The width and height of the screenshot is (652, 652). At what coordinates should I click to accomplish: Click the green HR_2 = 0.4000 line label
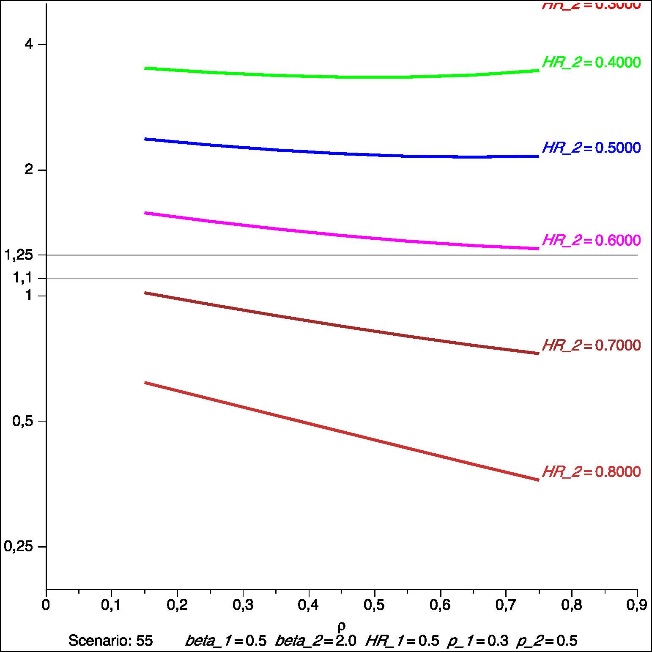coord(591,63)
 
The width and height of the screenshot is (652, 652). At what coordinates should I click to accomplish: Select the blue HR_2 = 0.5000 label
coord(591,148)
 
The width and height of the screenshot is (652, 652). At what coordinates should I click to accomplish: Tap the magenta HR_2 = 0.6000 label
coord(591,241)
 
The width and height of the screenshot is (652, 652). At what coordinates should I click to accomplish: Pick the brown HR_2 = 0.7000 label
coord(591,345)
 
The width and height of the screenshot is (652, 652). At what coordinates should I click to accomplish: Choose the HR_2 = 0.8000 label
coord(591,472)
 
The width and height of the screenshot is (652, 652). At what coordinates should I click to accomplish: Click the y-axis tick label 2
coord(29,170)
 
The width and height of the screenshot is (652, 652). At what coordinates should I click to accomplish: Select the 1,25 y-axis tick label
coord(19,255)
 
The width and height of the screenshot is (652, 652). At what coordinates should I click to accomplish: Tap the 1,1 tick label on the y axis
coord(22,278)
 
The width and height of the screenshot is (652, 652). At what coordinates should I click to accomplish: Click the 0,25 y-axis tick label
coord(19,546)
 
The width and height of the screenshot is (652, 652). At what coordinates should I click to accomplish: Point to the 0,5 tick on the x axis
coord(374,605)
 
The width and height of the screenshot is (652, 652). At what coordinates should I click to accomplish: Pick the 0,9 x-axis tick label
coord(636,605)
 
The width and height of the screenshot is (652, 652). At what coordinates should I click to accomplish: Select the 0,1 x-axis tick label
coord(111,605)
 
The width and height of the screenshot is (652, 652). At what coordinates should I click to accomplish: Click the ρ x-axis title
coord(342,625)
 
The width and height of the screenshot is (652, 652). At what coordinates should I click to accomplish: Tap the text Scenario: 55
coord(110,641)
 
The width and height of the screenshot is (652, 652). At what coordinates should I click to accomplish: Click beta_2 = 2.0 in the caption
coord(315,641)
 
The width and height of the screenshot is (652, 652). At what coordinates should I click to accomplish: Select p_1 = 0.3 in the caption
coord(477,641)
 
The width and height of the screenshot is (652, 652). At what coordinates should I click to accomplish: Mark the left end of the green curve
coord(145,68)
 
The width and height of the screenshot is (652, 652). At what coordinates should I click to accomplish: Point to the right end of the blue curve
coord(538,156)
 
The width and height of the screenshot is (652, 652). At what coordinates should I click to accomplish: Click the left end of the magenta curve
coord(145,213)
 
